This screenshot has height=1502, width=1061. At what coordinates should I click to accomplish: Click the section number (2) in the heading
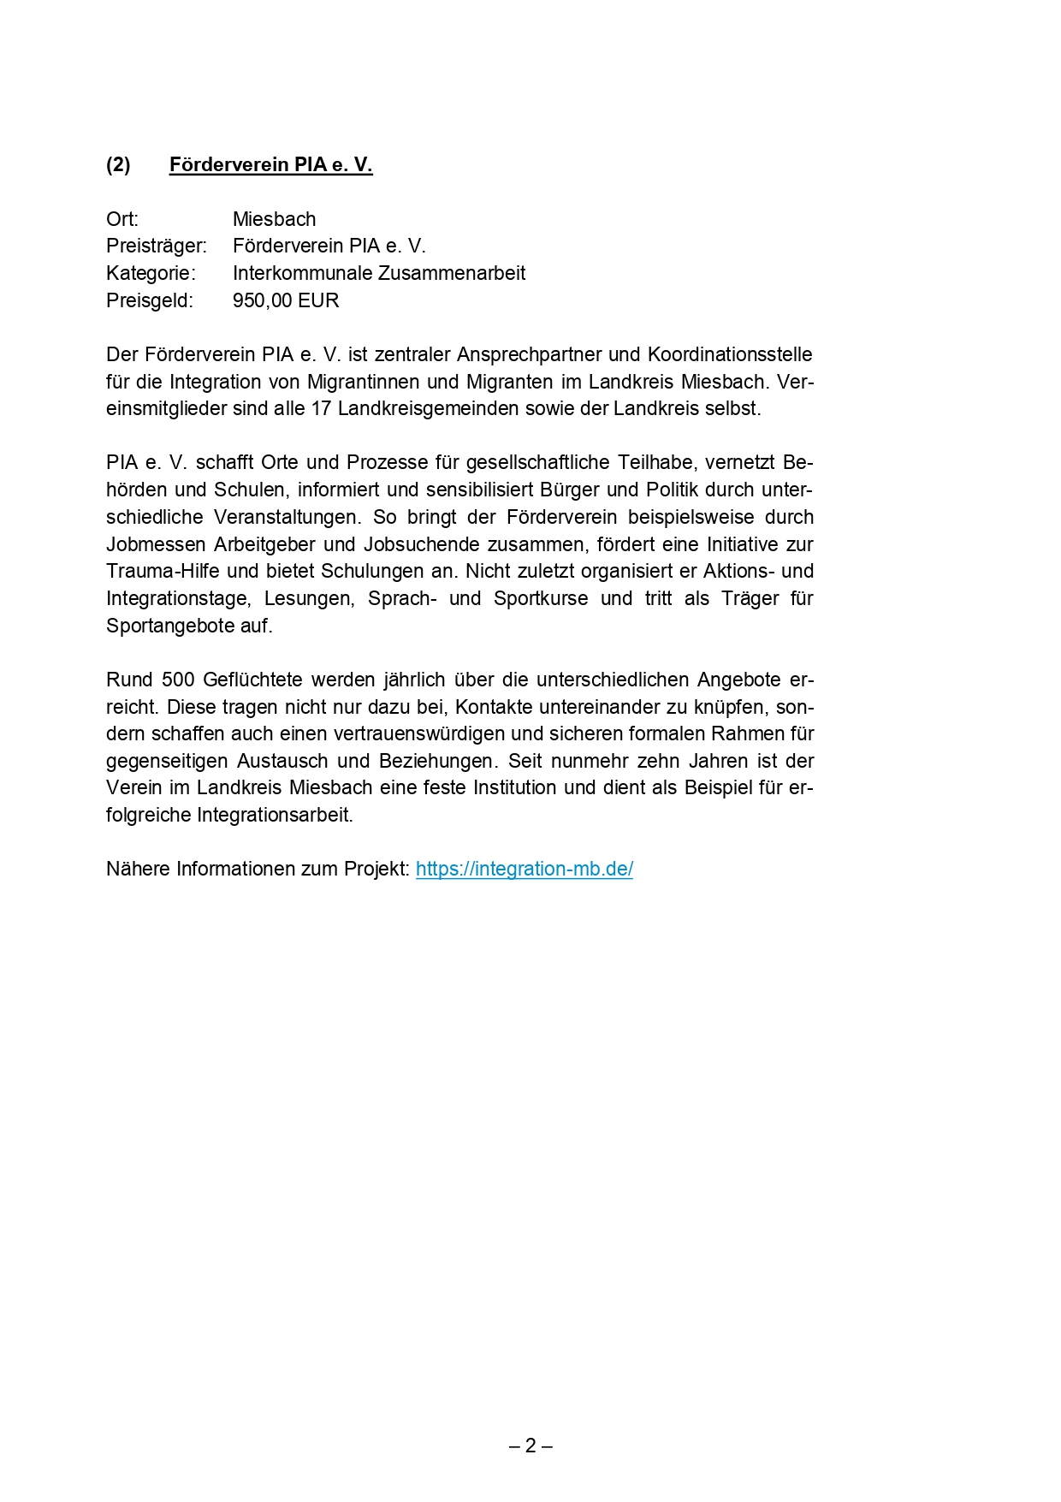(x=118, y=165)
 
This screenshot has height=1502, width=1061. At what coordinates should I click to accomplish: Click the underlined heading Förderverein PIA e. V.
(x=270, y=165)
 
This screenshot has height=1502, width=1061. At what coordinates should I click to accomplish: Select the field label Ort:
(x=122, y=219)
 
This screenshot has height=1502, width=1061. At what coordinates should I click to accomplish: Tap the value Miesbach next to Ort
(x=274, y=219)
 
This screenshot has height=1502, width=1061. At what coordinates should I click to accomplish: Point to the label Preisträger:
(x=156, y=246)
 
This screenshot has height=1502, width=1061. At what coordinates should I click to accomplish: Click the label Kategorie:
(x=151, y=274)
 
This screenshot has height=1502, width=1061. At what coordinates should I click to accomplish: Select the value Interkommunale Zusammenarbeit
(x=379, y=274)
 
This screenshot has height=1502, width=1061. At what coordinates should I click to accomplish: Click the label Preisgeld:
(x=150, y=301)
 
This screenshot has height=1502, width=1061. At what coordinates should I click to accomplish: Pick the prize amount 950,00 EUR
(x=286, y=301)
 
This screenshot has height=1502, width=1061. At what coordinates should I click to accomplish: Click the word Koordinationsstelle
(x=730, y=355)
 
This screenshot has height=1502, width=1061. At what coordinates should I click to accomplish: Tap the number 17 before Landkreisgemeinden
(x=321, y=409)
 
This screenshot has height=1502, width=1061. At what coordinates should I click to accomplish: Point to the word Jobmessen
(x=156, y=545)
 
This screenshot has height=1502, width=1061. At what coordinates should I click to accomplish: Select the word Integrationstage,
(x=179, y=599)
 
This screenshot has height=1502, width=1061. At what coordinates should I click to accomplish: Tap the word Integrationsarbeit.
(x=275, y=816)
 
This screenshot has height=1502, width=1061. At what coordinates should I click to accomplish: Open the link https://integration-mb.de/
(x=524, y=870)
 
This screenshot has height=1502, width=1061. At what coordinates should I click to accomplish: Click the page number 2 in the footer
(x=530, y=1446)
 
